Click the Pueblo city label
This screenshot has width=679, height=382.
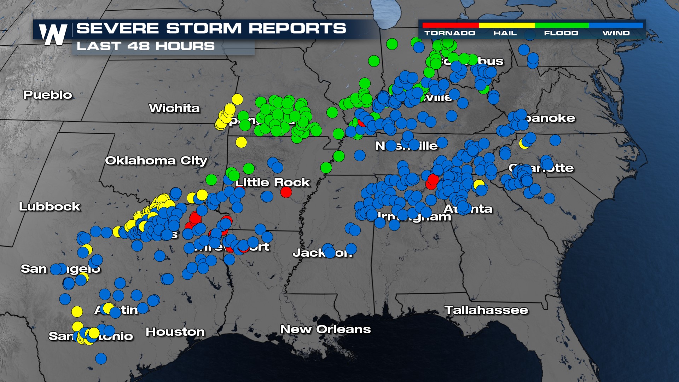point(47,95)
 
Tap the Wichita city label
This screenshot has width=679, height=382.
point(174,108)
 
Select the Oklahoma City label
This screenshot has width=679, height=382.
point(156,161)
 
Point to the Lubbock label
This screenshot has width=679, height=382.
point(50,207)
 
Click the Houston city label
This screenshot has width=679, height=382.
point(175,332)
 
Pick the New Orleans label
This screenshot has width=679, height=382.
point(325,329)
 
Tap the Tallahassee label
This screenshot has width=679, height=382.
point(486,310)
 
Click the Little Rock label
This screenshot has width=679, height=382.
point(273,183)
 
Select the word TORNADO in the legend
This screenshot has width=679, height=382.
point(450,33)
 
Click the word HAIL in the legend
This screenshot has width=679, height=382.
point(505,33)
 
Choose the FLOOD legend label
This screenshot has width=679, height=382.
point(561,33)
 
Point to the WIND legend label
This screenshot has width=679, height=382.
point(616,33)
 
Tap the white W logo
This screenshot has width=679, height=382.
point(53,34)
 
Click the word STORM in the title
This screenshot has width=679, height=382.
point(204,28)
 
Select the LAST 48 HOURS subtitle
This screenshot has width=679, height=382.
point(145,46)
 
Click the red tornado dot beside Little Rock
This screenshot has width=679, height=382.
point(286,192)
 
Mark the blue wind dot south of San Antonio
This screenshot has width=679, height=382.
point(101,358)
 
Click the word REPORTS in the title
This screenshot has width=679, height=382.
point(297,28)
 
